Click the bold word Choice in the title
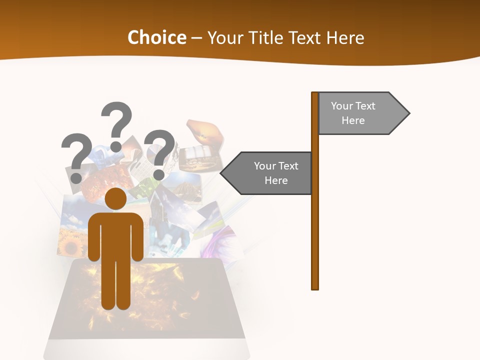156,38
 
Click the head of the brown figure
116,199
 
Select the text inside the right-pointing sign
353,113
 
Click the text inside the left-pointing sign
276,173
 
